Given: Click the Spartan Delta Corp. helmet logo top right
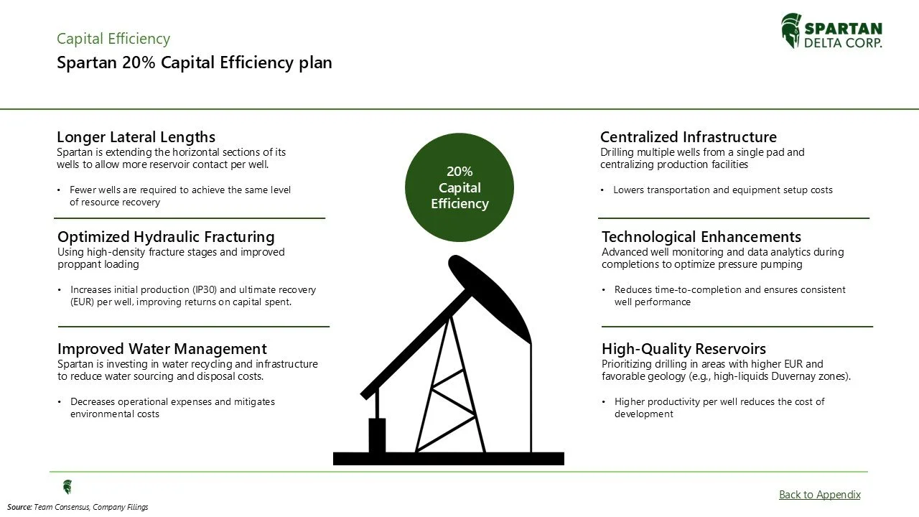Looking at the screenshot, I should (x=790, y=31).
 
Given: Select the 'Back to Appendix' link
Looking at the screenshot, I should (x=819, y=494).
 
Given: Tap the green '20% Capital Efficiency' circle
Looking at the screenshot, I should (x=459, y=187).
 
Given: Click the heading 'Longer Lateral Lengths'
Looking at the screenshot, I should (x=136, y=136).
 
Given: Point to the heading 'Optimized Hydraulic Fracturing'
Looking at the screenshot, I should (x=165, y=236).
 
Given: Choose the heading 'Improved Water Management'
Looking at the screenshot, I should (x=162, y=349).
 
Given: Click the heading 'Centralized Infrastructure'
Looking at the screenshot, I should (x=688, y=136).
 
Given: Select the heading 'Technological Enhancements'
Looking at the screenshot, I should (x=701, y=236).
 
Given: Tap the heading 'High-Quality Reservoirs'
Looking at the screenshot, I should (x=684, y=349).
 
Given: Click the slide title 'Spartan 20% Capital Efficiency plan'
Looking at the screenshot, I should (x=194, y=62).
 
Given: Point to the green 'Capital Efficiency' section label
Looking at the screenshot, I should (x=113, y=39).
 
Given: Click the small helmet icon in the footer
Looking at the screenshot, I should (x=67, y=487).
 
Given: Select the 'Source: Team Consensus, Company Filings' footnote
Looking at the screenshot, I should (x=78, y=507).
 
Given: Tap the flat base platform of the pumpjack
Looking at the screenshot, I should (x=448, y=458).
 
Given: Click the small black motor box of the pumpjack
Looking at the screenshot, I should (x=377, y=434).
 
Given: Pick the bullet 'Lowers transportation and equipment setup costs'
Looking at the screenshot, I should (x=722, y=190).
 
